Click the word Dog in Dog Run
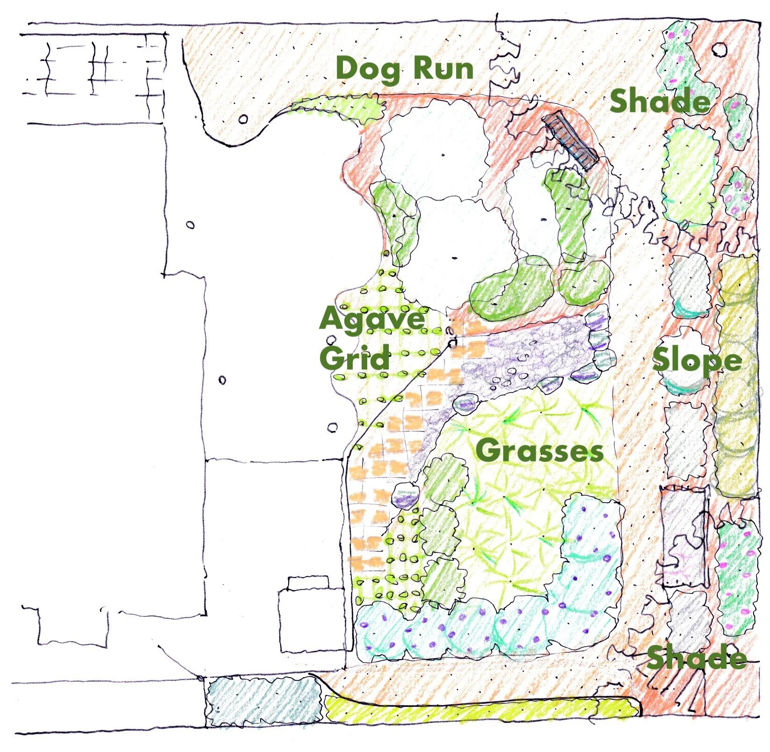pos(368,69)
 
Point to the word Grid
pos(355,358)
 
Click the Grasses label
pos(539,451)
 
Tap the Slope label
pos(697,361)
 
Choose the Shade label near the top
pos(660,101)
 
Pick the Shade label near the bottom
pos(696,657)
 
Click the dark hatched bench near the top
pos(570,139)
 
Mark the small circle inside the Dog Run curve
pos(243,119)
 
